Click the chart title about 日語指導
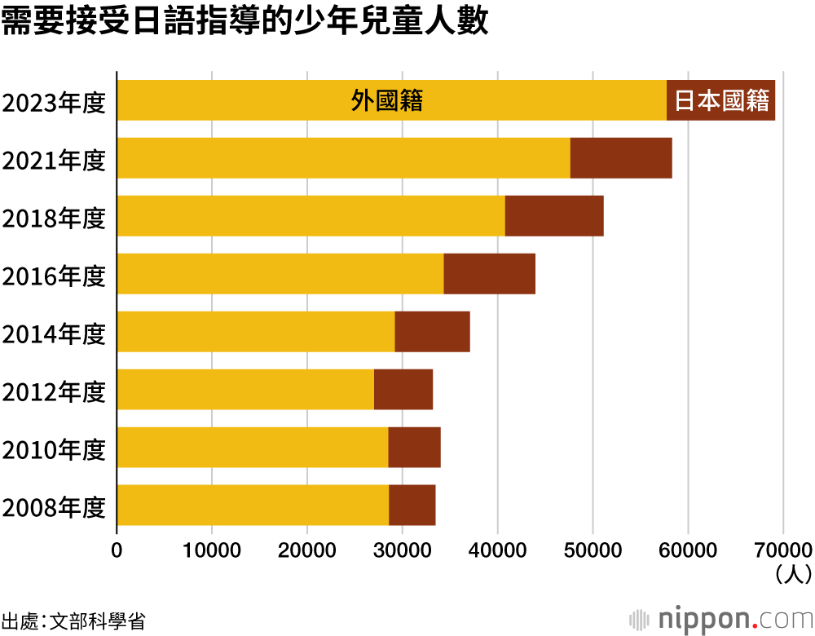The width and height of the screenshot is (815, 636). (244, 23)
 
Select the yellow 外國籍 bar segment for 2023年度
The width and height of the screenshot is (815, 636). (391, 100)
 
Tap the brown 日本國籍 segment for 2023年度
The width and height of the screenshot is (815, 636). (721, 100)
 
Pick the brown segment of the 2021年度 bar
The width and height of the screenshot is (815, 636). (621, 158)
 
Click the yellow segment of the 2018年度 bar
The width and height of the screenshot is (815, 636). (311, 216)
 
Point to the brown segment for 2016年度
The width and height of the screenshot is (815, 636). (489, 274)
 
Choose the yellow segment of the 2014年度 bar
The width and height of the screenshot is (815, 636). (256, 332)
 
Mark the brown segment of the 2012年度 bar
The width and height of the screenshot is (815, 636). (403, 390)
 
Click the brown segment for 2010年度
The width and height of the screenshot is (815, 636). (414, 448)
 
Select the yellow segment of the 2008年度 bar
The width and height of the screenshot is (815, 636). (253, 506)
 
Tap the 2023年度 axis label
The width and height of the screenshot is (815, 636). (54, 104)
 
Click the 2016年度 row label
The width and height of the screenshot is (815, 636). (54, 277)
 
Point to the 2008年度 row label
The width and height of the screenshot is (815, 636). (54, 509)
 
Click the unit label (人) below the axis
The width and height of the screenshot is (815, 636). (792, 575)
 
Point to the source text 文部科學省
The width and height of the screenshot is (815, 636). (98, 620)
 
